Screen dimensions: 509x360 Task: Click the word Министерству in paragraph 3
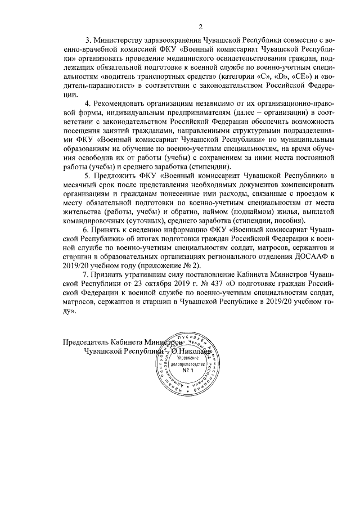click(x=121, y=42)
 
